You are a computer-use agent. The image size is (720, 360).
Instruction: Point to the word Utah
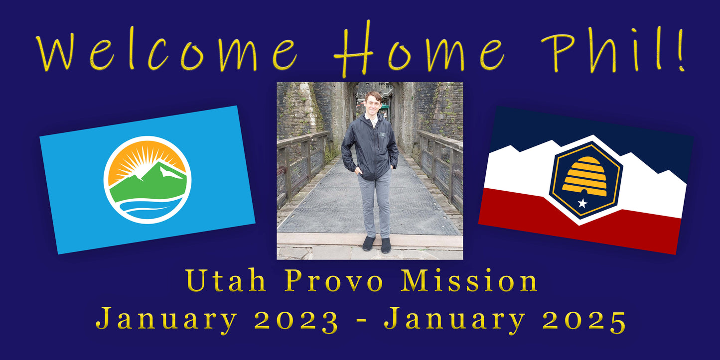[x=226, y=280]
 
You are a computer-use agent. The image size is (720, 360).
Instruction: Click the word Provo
[x=334, y=280]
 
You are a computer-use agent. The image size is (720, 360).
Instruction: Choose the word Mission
[x=469, y=280]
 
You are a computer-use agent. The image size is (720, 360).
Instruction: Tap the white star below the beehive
[x=582, y=203]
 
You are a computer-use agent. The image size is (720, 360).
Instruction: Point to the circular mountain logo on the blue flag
[x=147, y=180]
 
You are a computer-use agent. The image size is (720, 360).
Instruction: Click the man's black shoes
[x=377, y=244]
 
